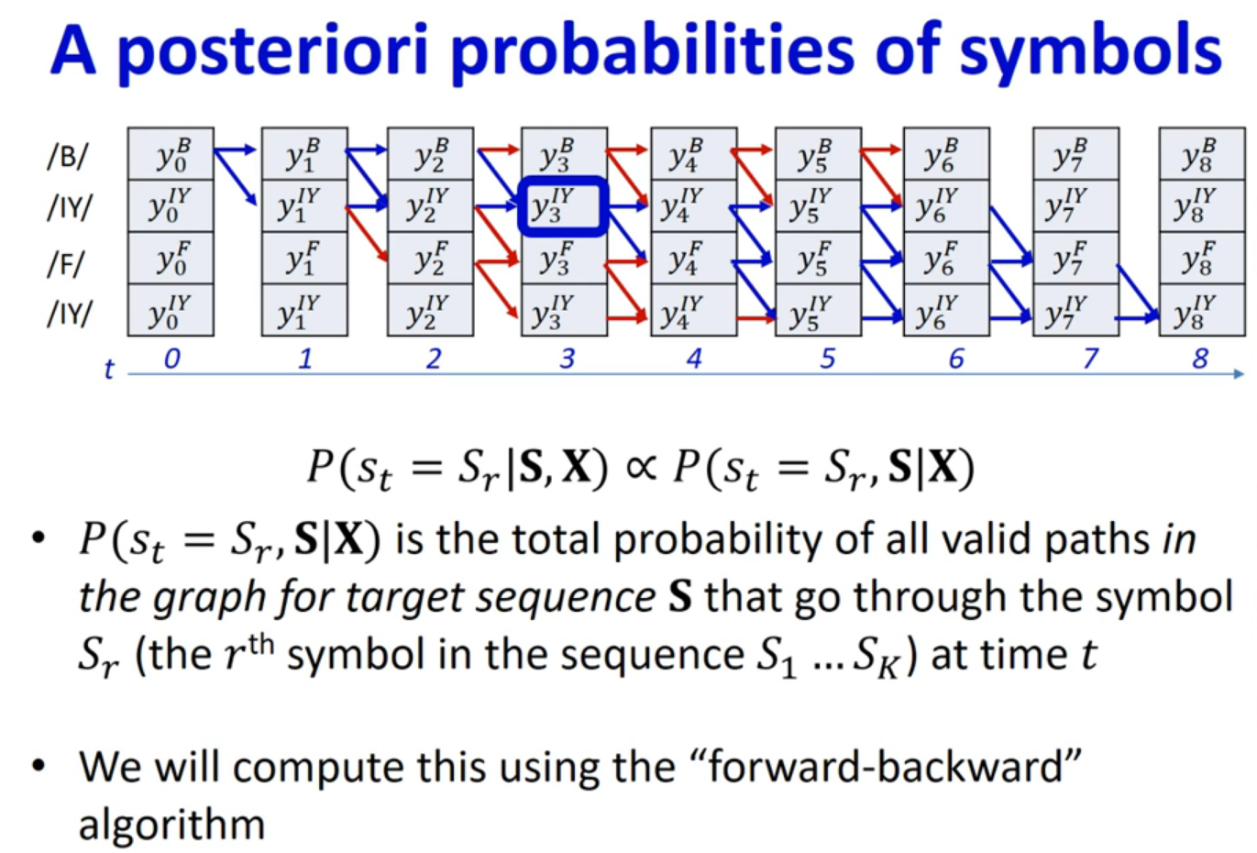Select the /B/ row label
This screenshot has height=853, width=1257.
coord(67,156)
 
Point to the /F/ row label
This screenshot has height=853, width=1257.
coord(66,263)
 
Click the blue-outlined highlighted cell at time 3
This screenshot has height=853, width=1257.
coord(563,206)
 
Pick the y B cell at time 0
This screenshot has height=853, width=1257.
coord(171,154)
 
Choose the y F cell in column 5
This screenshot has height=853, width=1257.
coord(818,259)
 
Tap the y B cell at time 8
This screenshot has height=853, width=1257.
coord(1202,154)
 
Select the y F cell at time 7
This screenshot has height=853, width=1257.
coord(1075,259)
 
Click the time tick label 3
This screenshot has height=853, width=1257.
coord(568,359)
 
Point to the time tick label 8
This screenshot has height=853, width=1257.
coord(1200,359)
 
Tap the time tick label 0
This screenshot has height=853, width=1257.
coord(171,359)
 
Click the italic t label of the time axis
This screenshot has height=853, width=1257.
coord(109,369)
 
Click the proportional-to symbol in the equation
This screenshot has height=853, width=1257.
coord(641,467)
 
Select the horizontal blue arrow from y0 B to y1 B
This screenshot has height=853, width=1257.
coord(235,150)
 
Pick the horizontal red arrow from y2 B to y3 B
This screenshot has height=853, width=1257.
coord(499,150)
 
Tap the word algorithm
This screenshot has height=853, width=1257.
coord(171,825)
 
